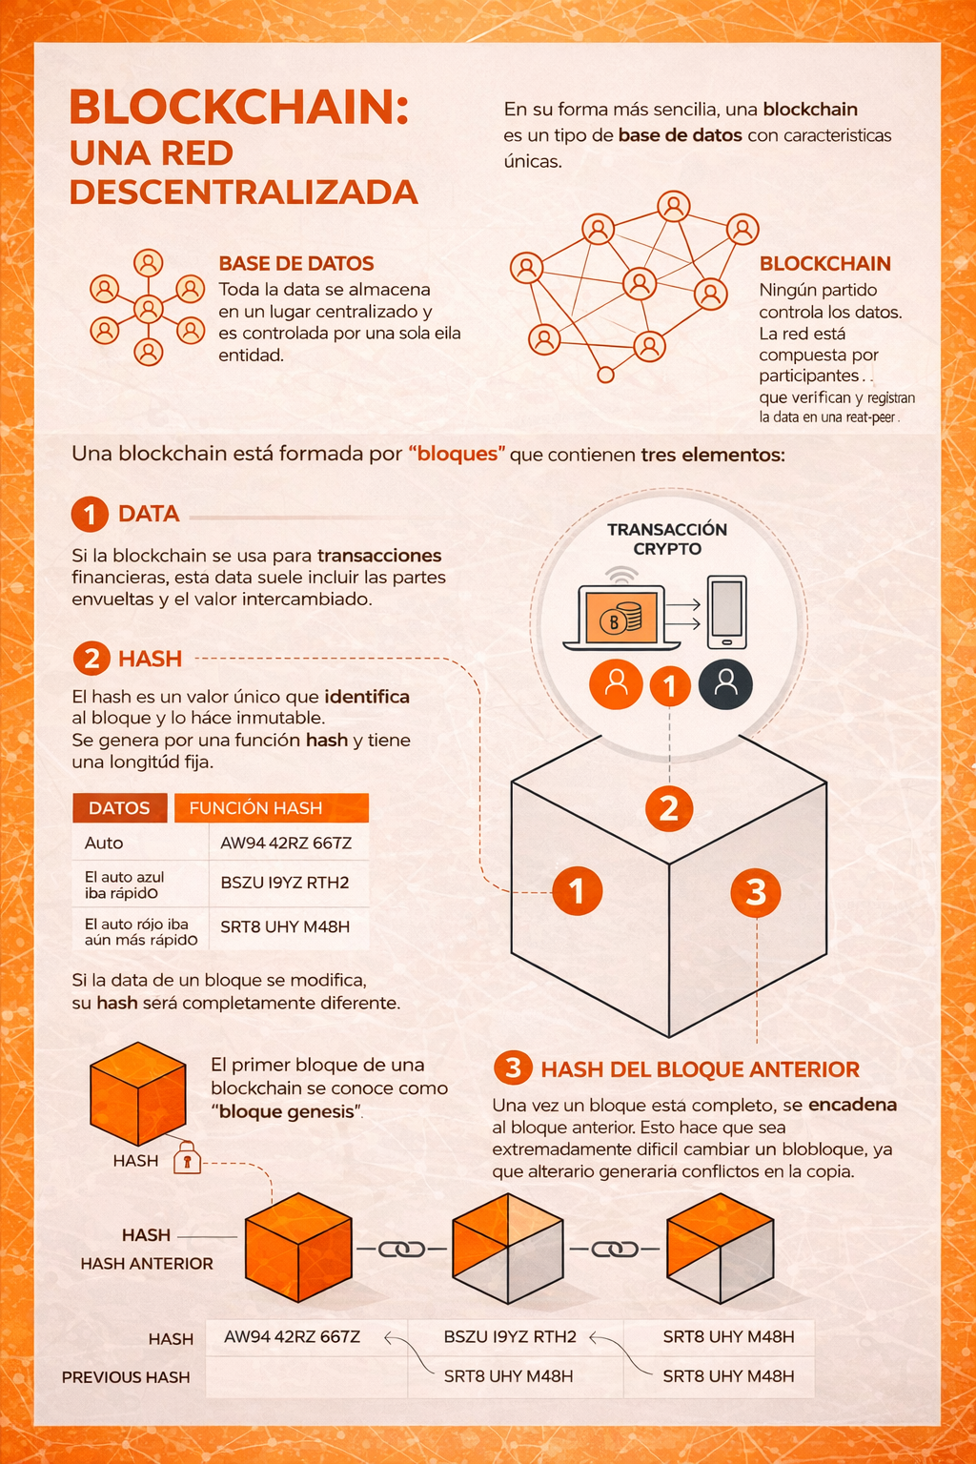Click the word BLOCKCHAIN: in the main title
239,107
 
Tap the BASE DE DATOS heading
296,263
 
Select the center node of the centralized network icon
149,309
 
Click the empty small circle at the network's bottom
606,375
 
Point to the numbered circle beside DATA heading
90,515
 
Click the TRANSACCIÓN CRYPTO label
667,539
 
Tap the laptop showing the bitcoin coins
621,618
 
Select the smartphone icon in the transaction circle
727,612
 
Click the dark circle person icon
725,684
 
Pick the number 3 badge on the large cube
756,892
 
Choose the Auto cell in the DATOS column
104,844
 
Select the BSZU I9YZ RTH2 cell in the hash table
285,883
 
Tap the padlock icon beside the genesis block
187,1157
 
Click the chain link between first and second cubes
401,1250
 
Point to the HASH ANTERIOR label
147,1263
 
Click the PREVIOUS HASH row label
126,1377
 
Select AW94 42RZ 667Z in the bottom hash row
293,1336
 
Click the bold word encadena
853,1105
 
